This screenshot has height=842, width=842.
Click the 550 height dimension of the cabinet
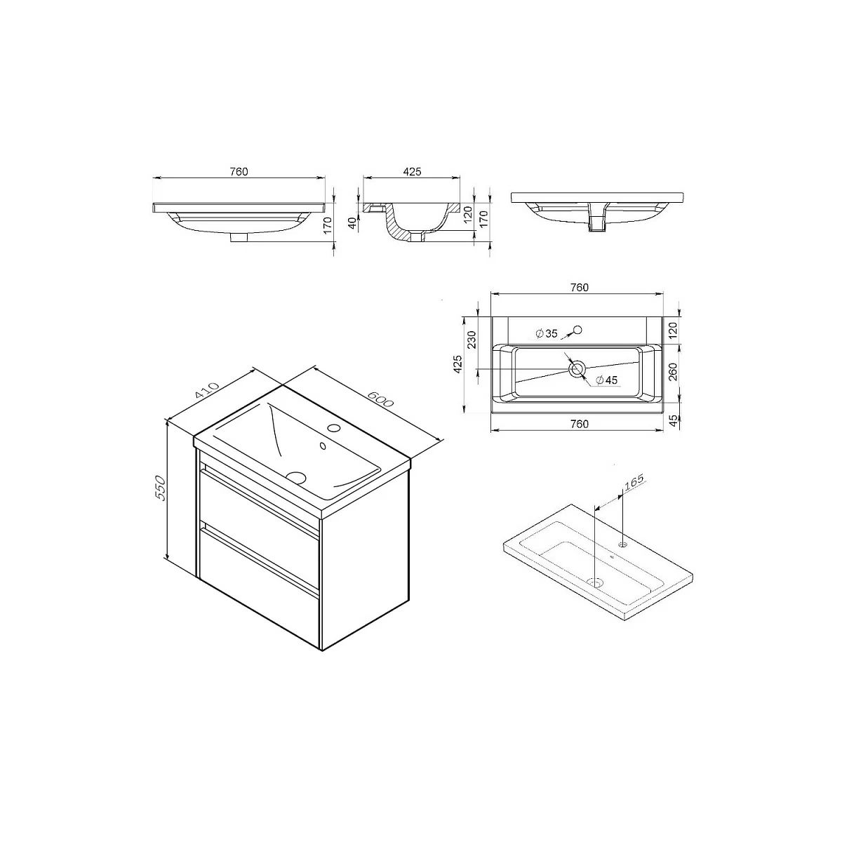[x=161, y=488]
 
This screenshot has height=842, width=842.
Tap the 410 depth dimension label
[x=206, y=391]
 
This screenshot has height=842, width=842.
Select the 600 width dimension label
[x=380, y=398]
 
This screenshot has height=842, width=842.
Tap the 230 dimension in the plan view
[x=472, y=340]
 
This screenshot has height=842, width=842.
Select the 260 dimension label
[x=674, y=372]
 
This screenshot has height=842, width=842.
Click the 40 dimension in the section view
[x=352, y=224]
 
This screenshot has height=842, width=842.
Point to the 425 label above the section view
[x=412, y=172]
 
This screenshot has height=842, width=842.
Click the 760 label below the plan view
[x=580, y=424]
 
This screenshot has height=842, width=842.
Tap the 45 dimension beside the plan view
[x=674, y=420]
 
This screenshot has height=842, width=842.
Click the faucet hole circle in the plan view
[x=577, y=330]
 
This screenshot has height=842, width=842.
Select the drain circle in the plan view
[x=577, y=369]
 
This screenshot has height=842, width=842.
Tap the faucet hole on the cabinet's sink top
[x=335, y=427]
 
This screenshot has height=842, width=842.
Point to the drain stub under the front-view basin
[x=239, y=237]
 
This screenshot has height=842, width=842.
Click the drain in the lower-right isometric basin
[x=596, y=582]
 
